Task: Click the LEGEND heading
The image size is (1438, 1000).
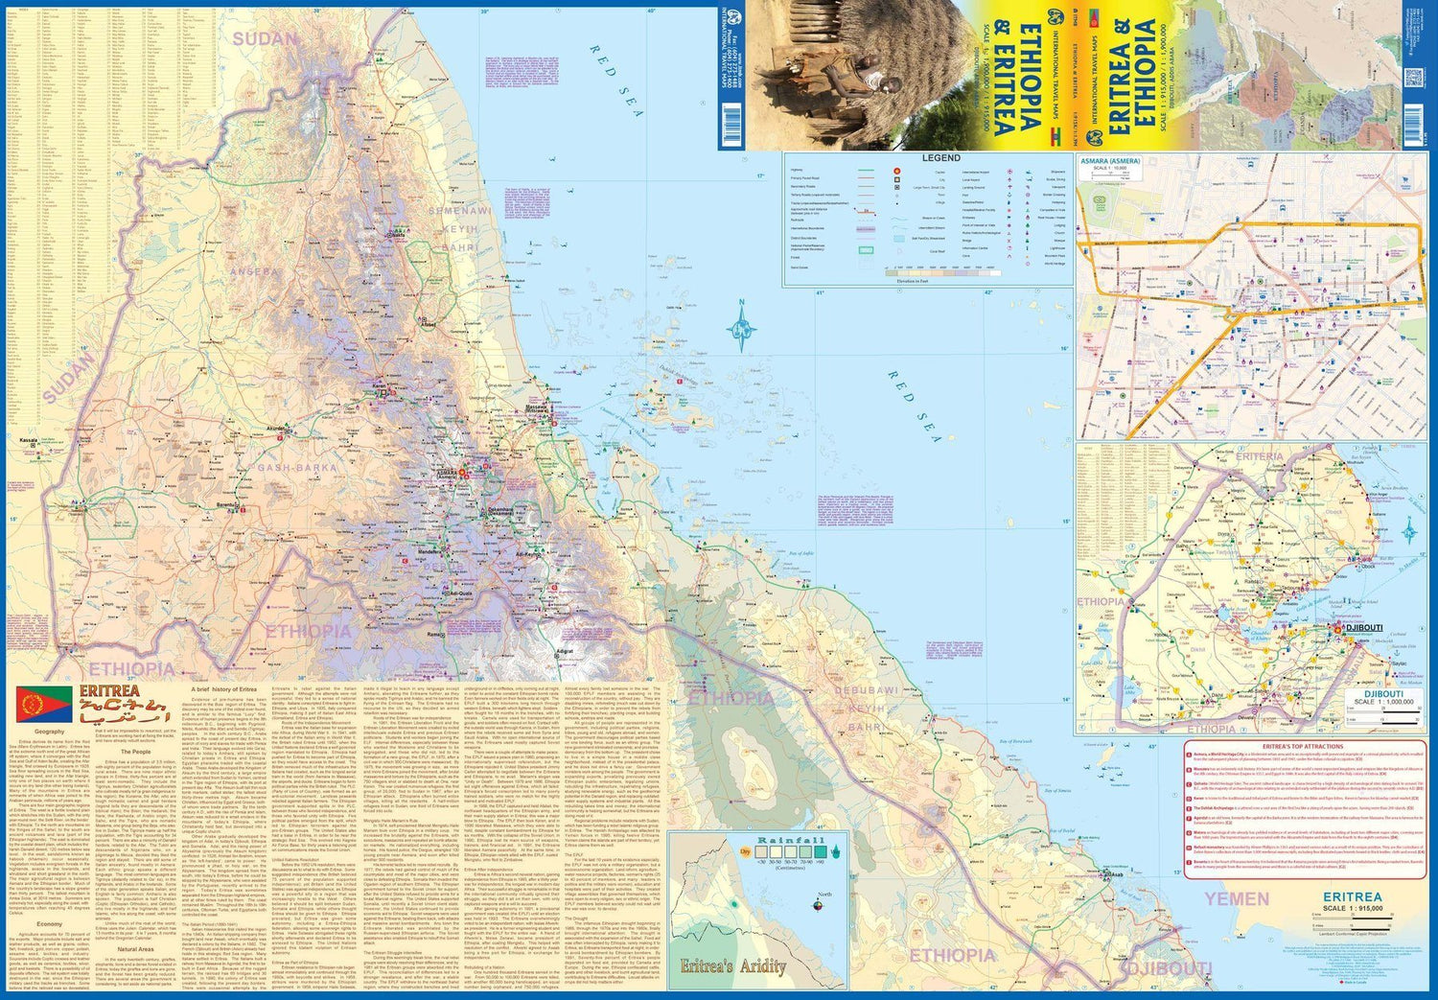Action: pyautogui.click(x=940, y=157)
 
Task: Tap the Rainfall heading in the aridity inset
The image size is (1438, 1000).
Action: pyautogui.click(x=791, y=841)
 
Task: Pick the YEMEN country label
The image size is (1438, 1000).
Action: pyautogui.click(x=1237, y=898)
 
